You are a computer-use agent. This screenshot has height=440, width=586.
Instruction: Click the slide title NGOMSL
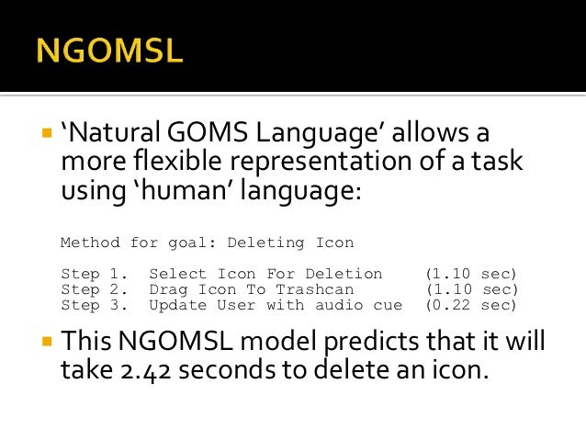point(110,50)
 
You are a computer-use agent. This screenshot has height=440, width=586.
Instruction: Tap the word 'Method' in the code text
point(90,243)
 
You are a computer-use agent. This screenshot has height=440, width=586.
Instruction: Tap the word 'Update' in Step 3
point(177,305)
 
